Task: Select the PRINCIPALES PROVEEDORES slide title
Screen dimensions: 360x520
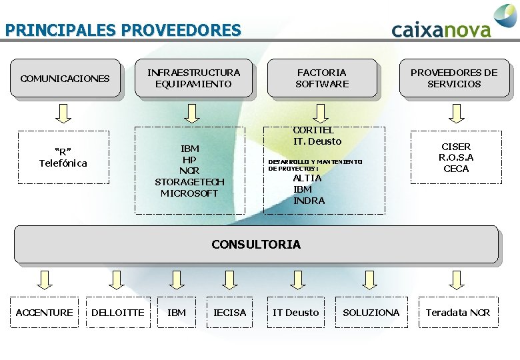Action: click(123, 30)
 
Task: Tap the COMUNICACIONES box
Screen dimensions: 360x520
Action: click(65, 79)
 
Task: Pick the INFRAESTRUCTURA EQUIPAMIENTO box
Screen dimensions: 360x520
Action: click(193, 78)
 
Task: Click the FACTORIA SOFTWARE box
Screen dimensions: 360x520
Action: click(322, 78)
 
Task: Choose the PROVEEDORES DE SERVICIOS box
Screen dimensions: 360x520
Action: click(454, 78)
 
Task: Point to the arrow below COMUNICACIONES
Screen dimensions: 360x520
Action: click(63, 113)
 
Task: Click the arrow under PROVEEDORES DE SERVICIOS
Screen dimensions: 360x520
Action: click(455, 113)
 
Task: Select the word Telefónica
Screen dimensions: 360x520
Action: click(63, 163)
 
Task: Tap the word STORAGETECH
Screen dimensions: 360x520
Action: click(189, 182)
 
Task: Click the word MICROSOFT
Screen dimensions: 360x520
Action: click(189, 193)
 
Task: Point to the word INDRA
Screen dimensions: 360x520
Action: click(309, 201)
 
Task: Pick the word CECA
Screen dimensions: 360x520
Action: click(456, 169)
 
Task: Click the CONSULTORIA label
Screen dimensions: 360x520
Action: click(256, 245)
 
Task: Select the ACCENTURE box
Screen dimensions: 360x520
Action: click(44, 313)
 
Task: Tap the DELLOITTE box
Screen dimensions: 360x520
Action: click(117, 313)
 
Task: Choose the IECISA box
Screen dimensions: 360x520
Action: click(229, 313)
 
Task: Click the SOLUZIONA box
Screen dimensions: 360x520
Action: click(371, 313)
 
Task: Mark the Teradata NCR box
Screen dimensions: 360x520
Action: click(458, 313)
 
